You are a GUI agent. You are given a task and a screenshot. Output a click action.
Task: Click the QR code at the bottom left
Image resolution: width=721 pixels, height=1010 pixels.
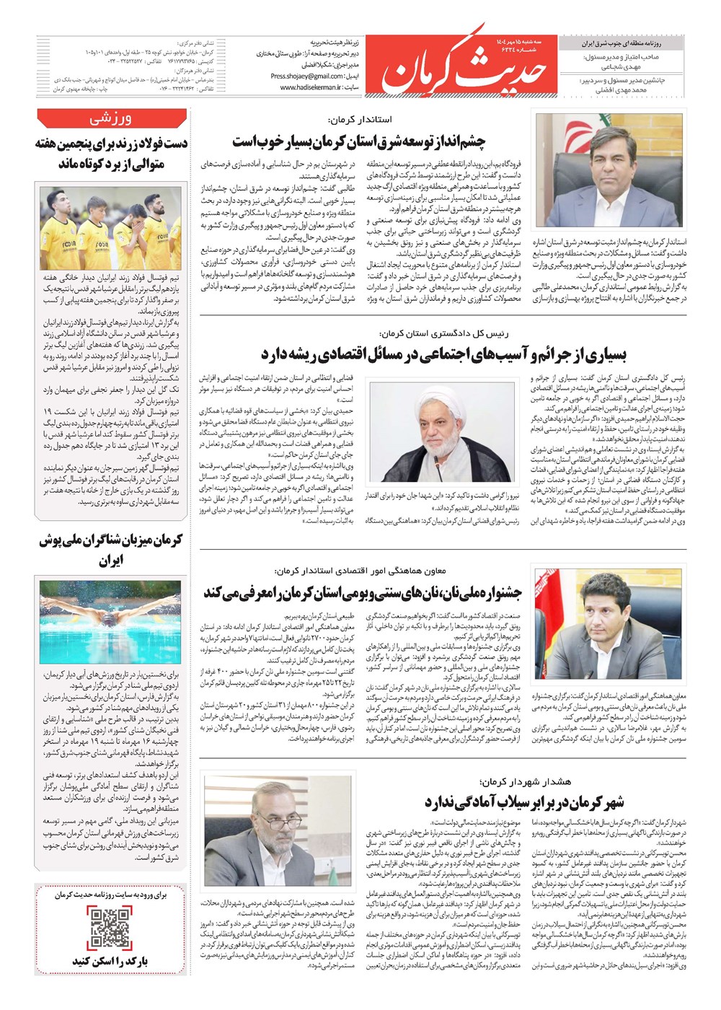tap(110, 928)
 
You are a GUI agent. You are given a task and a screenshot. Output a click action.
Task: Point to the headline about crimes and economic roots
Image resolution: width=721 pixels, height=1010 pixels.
tap(443, 354)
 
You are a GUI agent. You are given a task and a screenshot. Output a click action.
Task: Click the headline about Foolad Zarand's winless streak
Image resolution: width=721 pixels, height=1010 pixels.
tap(111, 154)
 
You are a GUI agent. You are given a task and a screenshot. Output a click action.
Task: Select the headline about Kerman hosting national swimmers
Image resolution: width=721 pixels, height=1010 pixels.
tap(111, 550)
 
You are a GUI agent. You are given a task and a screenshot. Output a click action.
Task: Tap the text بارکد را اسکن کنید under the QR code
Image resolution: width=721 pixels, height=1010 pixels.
tap(110, 962)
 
